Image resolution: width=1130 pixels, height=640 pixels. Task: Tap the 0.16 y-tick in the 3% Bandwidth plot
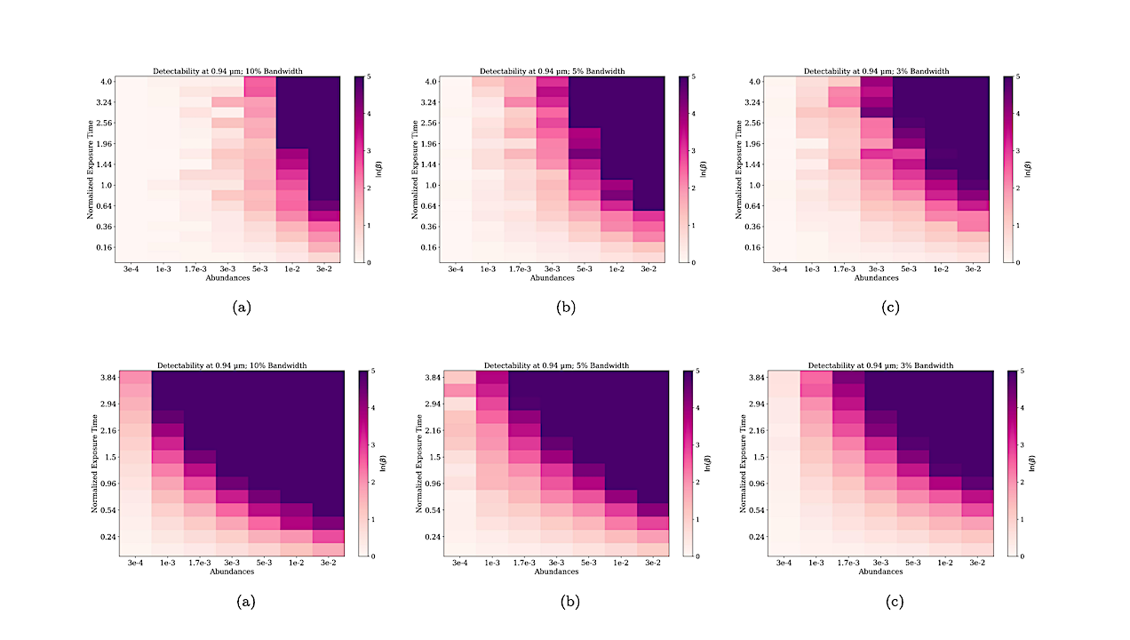coord(752,246)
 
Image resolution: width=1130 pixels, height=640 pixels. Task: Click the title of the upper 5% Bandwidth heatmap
coord(552,71)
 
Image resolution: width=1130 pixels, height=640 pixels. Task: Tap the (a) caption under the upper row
coord(241,307)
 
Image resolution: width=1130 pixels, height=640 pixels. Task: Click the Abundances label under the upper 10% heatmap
coord(227,277)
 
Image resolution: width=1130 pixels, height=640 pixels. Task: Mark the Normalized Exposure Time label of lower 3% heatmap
coord(743,463)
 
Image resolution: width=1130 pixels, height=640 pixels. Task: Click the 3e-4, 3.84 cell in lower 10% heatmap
coord(135,379)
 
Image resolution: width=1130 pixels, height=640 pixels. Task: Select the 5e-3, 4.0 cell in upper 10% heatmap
coord(259,86)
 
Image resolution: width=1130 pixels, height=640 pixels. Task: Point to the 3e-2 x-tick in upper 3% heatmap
coord(974,268)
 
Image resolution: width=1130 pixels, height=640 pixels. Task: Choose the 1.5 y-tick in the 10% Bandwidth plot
coord(108,456)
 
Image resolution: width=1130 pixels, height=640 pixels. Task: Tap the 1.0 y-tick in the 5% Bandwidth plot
coord(432,185)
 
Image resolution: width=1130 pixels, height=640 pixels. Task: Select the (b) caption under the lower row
coord(569,602)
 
